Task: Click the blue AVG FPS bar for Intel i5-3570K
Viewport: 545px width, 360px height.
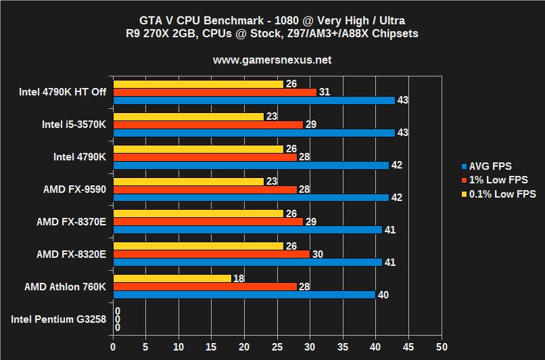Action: click(254, 133)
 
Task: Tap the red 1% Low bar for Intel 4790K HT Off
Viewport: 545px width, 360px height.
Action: click(214, 92)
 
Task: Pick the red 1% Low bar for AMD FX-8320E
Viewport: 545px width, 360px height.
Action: click(211, 254)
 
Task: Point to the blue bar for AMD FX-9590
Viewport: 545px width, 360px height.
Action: click(250, 198)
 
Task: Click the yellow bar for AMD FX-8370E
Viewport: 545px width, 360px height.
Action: click(198, 214)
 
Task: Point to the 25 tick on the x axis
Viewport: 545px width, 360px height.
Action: click(277, 345)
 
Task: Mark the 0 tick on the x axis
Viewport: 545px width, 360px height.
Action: click(113, 345)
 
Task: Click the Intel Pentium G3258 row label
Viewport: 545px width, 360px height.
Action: click(59, 319)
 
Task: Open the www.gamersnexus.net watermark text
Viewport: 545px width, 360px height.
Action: click(272, 60)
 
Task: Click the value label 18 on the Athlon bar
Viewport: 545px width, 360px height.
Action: click(238, 278)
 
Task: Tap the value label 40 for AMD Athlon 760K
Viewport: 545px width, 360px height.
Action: click(383, 294)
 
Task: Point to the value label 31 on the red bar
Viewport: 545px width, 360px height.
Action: click(324, 92)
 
